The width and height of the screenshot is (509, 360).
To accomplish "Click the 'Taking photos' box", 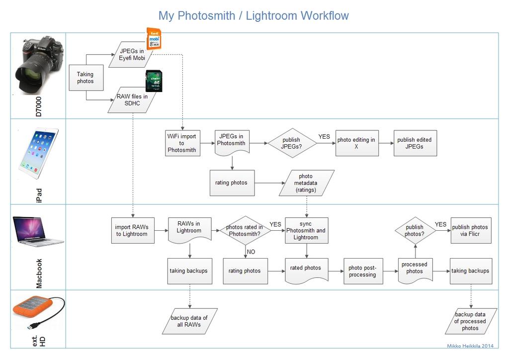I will pyautogui.click(x=85, y=78).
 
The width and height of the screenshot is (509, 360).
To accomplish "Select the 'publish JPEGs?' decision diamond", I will pyautogui.click(x=291, y=143).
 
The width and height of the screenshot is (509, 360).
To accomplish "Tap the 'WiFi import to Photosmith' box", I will pyautogui.click(x=182, y=143).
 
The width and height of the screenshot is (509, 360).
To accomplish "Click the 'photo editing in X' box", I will pyautogui.click(x=356, y=143).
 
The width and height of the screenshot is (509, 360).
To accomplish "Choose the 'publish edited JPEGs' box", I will pyautogui.click(x=415, y=143).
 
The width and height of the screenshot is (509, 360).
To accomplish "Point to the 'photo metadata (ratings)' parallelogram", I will pyautogui.click(x=306, y=183).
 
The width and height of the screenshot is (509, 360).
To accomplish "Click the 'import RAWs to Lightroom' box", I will pyautogui.click(x=132, y=231).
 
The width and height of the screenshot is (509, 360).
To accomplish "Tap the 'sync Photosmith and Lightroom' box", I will pyautogui.click(x=306, y=231).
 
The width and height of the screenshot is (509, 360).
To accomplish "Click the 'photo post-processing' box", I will pyautogui.click(x=362, y=271).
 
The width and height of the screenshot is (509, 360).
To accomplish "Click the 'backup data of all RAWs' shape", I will pyautogui.click(x=189, y=321).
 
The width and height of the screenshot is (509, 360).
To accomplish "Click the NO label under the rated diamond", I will pyautogui.click(x=251, y=252).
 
